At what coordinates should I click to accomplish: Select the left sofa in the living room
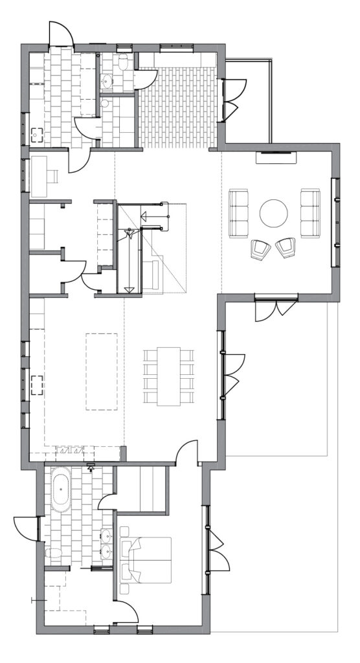[x=239, y=212]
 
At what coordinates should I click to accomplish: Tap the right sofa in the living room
[x=309, y=212]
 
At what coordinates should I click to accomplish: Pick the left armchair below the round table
[x=260, y=249]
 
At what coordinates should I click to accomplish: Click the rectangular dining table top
[x=168, y=376]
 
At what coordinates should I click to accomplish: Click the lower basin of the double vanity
[x=106, y=552]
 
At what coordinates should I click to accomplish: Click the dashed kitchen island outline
[x=102, y=371]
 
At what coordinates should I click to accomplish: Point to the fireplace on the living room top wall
[x=276, y=153]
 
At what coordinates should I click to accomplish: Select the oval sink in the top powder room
[x=107, y=82]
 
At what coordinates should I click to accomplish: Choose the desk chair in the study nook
[x=54, y=175]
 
